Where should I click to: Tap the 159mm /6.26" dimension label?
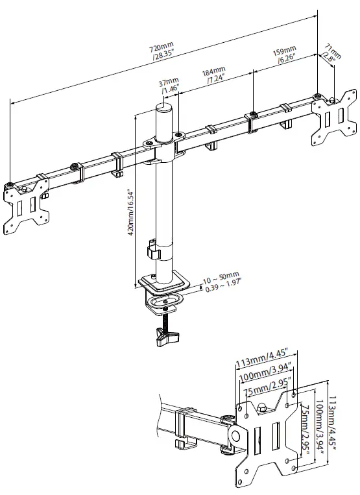pos(286,55)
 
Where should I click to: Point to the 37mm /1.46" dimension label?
pos(169,86)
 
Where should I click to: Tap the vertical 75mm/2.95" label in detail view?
pos(303,429)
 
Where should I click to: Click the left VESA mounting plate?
pos(24,206)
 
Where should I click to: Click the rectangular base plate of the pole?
pos(164,283)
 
